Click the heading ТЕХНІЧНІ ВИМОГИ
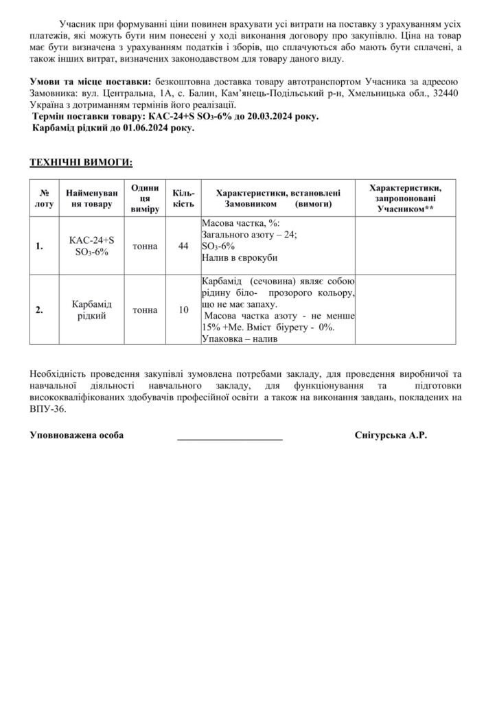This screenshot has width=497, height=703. pos(81,162)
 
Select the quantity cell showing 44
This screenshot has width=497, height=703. pos(183,246)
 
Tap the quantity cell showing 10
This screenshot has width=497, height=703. pos(183,310)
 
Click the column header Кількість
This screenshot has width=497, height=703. pos(183,198)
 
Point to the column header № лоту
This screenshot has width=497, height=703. pos(43,198)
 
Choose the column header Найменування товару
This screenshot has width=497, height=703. pos(91,198)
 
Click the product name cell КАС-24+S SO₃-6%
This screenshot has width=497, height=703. pos(91,246)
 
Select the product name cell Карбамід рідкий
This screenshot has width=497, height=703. pos(91,310)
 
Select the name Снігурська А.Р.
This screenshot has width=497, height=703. pos(391,436)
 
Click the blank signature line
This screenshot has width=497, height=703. pos(230,437)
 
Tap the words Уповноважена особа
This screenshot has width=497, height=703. pos(77,436)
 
